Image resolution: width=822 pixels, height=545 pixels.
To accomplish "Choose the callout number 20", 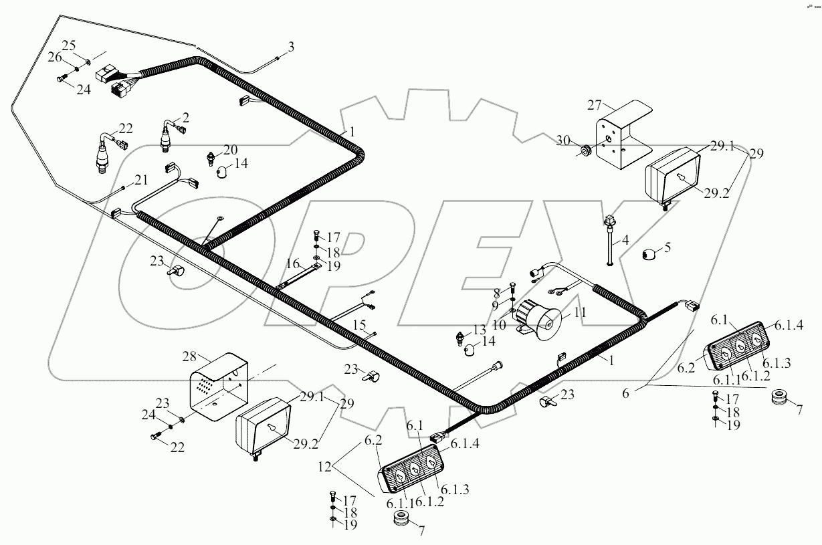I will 230,148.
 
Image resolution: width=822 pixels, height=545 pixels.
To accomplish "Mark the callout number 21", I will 140,180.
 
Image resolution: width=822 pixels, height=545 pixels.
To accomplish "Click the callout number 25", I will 70,45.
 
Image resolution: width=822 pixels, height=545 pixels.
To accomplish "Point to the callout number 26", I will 54,58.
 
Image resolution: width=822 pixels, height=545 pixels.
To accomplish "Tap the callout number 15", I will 360,325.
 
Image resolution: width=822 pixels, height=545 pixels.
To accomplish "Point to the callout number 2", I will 185,118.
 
